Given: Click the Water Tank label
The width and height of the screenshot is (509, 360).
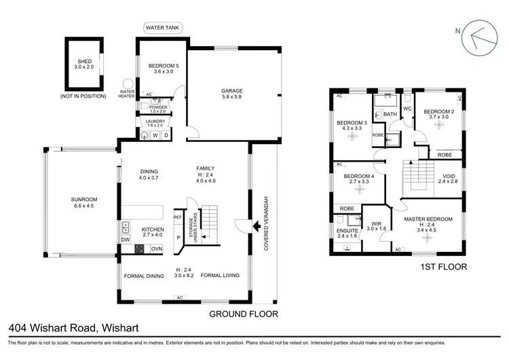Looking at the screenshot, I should point(162,28).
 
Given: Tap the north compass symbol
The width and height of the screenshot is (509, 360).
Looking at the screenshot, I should point(480,40).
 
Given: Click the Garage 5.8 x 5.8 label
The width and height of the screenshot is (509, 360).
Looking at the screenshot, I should point(231,94).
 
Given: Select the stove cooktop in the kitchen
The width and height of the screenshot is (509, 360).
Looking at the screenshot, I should point(139,249).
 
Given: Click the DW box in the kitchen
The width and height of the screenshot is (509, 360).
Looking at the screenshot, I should point(126,240).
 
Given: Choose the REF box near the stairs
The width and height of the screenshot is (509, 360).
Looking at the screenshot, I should point(178,218).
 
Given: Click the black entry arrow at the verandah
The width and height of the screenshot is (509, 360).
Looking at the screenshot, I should point(257,226).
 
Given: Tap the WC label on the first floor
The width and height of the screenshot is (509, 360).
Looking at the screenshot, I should point(408,109).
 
